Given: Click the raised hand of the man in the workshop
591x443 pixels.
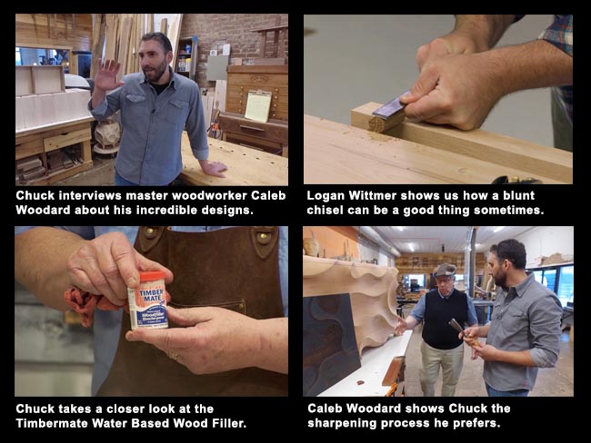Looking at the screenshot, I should (108, 74).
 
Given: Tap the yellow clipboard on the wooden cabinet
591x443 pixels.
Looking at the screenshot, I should (257, 106).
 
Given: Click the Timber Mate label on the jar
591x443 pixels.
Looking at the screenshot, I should (148, 300).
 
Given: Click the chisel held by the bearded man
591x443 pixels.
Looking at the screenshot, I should (456, 330).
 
